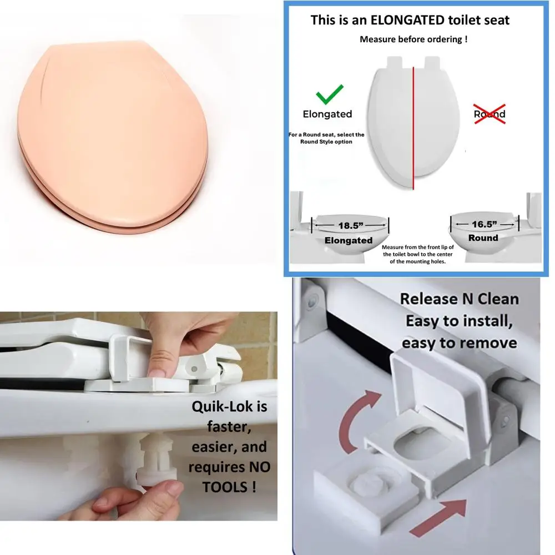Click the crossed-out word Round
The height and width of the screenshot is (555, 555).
pos(490,114)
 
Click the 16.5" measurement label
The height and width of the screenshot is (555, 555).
pos(483,224)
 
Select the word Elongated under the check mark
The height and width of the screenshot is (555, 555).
pos(327,114)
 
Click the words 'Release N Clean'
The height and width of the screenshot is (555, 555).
pos(459,299)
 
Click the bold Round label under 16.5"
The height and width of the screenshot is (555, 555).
pos(483,238)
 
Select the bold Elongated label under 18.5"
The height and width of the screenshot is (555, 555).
pos(349,240)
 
